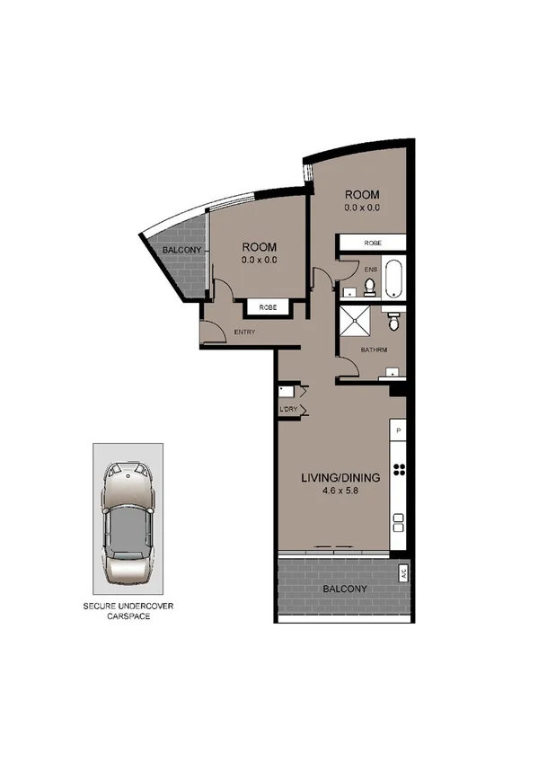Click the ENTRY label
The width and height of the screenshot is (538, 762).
[x=244, y=332]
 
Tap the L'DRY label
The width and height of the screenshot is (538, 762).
[x=288, y=411]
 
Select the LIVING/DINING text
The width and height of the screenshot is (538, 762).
[x=341, y=477]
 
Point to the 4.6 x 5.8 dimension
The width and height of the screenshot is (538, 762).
[x=341, y=491]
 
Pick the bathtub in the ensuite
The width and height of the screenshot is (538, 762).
[x=393, y=278]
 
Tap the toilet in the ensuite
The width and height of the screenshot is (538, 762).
[x=368, y=287]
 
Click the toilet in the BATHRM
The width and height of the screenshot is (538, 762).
[x=392, y=319]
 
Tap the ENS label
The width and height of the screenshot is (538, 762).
[x=371, y=268]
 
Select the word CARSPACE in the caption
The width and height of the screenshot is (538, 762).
[x=125, y=618]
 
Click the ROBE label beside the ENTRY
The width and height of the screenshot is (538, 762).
[x=268, y=307]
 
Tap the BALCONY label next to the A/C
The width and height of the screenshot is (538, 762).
[x=345, y=589]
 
